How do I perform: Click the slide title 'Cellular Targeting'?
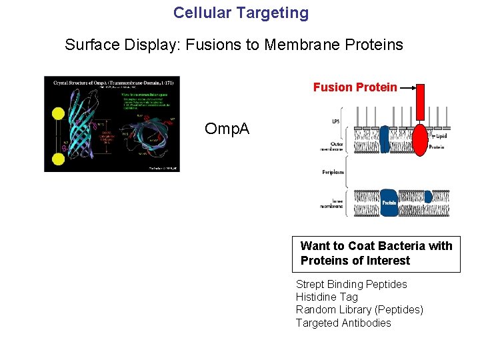pyautogui.click(x=241, y=13)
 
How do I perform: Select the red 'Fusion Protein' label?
pyautogui.click(x=355, y=87)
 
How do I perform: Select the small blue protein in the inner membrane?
pyautogui.click(x=428, y=197)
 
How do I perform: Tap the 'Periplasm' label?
pyautogui.click(x=333, y=172)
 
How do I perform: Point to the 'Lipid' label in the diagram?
pyautogui.click(x=441, y=135)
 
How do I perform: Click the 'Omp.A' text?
pyautogui.click(x=227, y=129)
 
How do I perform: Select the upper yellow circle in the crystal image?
pyautogui.click(x=58, y=114)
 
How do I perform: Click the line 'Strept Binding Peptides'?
pyautogui.click(x=351, y=284)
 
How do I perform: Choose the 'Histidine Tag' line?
pyautogui.click(x=327, y=297)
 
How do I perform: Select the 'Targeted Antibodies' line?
pyautogui.click(x=343, y=323)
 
